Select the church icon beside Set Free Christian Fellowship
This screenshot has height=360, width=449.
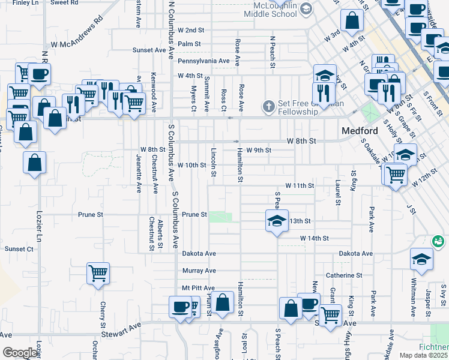268,107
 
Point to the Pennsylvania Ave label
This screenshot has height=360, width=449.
203,61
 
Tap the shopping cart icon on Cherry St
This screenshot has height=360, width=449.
98,274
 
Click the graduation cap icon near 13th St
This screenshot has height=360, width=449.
277,220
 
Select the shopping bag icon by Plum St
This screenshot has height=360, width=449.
222,302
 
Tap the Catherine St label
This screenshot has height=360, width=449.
344,275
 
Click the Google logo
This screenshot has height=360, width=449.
19,353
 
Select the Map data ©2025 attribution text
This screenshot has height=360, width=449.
424,355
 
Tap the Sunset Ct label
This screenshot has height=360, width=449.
19,248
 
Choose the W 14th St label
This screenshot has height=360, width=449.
315,238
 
